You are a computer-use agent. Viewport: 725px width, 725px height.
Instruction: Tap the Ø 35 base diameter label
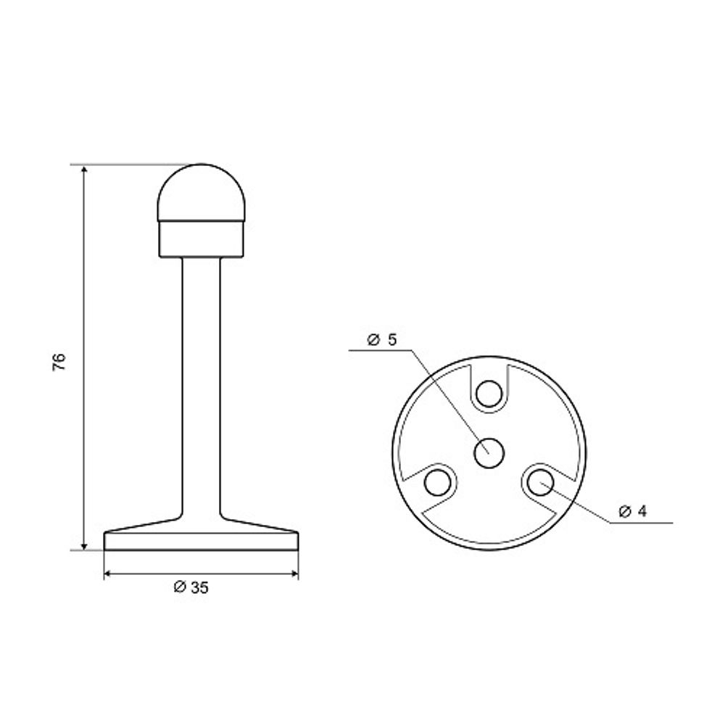191,587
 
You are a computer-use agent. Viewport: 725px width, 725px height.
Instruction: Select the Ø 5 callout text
382,339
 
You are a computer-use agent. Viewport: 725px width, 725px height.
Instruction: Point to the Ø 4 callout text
633,511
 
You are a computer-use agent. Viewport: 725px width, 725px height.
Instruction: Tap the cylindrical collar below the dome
201,239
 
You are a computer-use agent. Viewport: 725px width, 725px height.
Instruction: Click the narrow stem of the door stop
201,386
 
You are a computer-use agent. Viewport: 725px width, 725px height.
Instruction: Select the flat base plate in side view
201,541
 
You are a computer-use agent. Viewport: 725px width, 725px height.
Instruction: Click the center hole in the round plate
489,452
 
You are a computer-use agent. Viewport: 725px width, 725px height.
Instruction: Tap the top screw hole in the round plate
489,394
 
